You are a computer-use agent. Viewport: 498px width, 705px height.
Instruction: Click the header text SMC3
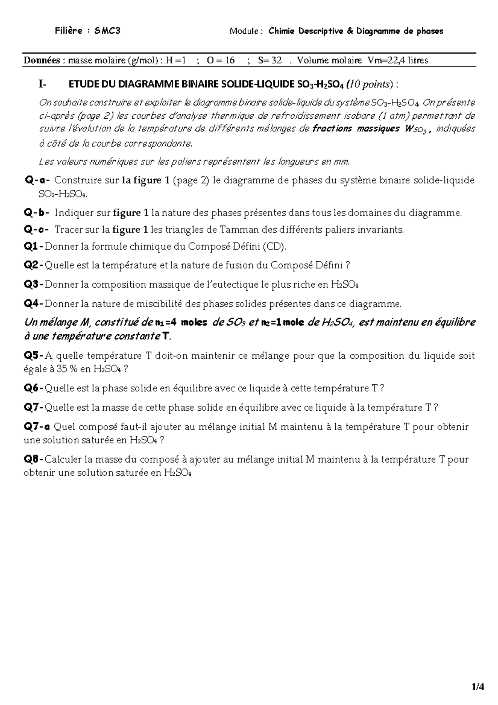pos(107,31)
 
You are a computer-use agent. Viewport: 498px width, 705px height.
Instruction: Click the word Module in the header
pos(244,31)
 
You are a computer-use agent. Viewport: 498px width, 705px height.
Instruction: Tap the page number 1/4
pos(478,686)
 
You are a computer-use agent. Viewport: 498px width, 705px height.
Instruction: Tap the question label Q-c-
pos(37,230)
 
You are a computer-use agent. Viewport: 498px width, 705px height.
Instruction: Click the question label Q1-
pos(34,247)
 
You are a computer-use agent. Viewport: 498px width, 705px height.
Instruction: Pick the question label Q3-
pos(34,284)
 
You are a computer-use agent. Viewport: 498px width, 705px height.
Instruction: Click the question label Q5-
pos(34,355)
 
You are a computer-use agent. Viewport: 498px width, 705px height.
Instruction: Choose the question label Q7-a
pos(37,426)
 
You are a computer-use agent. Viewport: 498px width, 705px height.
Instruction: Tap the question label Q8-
pos(34,459)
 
